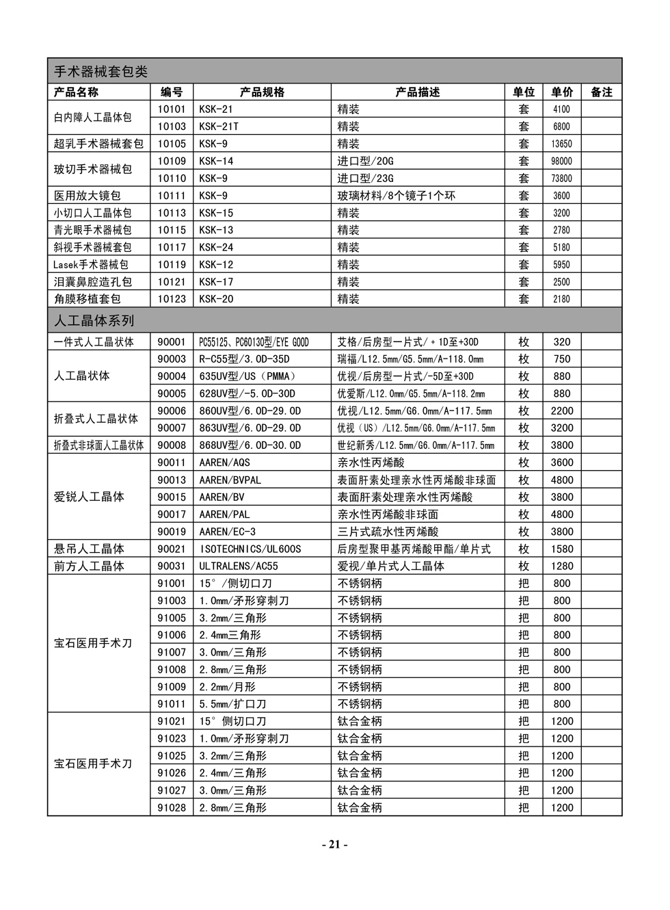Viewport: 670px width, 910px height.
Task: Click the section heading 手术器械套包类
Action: (x=100, y=72)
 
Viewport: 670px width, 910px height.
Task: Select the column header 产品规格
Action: (x=262, y=92)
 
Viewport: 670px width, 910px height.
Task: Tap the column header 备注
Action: (x=601, y=92)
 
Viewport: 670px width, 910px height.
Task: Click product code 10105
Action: (x=172, y=144)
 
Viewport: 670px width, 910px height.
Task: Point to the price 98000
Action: (x=561, y=161)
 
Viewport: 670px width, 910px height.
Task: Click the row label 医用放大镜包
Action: (x=87, y=196)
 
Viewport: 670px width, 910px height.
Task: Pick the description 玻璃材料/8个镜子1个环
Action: (x=396, y=196)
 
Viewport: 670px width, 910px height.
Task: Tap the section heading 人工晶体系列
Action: (x=94, y=321)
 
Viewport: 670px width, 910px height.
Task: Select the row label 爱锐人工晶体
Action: (x=89, y=497)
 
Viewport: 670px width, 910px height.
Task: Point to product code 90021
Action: (x=172, y=549)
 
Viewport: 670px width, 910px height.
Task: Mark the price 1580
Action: (x=562, y=549)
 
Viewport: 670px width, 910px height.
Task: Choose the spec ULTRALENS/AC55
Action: (x=239, y=567)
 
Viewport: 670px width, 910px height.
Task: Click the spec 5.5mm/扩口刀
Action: (x=232, y=704)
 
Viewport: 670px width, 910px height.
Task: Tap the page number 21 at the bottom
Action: (x=334, y=844)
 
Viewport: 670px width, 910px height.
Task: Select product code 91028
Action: (x=172, y=807)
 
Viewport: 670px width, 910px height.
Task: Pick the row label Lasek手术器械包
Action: (x=91, y=265)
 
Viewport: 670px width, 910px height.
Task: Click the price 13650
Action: (x=561, y=144)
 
